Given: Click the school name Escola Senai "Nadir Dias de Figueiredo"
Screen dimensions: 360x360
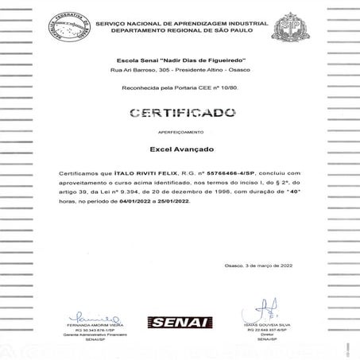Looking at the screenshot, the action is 179,61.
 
